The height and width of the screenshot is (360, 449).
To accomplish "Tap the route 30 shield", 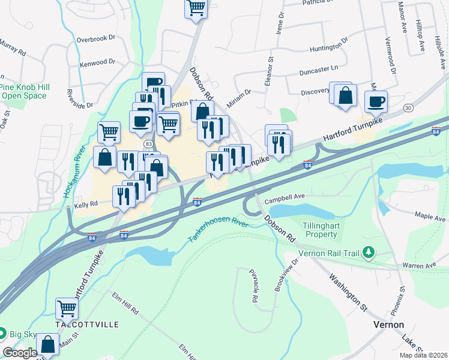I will point(408,108).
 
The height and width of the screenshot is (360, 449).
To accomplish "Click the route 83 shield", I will point(148,143).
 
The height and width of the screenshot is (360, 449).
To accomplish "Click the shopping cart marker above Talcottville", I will point(67,308).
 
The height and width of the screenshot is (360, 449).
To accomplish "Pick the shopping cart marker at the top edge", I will point(196,8).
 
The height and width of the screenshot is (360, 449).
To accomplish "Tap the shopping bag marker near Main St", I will point(47,344).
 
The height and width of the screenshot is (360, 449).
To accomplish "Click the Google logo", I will point(20,353).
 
